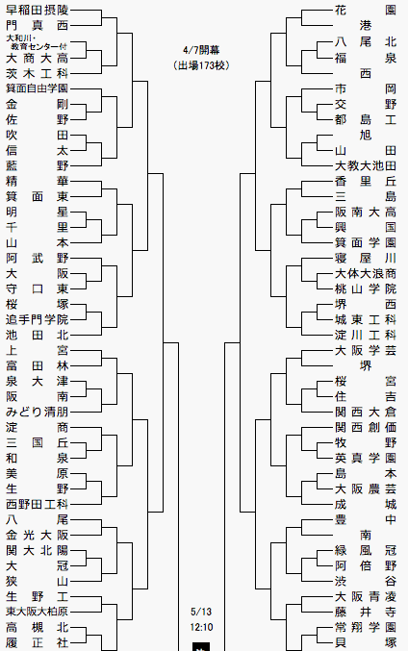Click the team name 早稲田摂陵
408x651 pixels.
(37, 10)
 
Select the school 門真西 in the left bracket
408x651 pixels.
(37, 26)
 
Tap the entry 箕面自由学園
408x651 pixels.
(37, 88)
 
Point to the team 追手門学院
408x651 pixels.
(37, 319)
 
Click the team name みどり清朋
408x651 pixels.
(37, 412)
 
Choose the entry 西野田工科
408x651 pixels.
(37, 505)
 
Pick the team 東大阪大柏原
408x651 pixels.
(37, 612)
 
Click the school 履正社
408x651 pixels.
(37, 642)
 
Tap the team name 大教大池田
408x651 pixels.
(366, 165)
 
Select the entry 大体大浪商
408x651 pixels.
(366, 274)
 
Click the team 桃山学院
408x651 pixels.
(366, 289)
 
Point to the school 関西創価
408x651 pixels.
(366, 427)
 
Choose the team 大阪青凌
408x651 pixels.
(366, 596)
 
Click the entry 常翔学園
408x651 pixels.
(366, 627)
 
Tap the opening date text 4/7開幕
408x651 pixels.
(201, 50)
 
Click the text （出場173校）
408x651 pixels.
(201, 65)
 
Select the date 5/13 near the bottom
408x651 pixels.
(201, 612)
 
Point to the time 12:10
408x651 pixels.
(201, 627)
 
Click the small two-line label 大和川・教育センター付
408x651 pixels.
(37, 42)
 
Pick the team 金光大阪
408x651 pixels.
(37, 536)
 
